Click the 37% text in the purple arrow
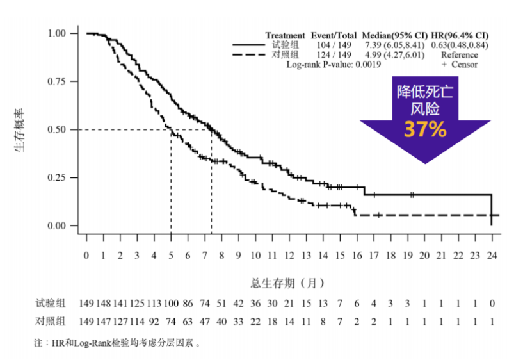click(x=424, y=129)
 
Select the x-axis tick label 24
click(x=491, y=255)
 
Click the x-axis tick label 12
click(x=289, y=255)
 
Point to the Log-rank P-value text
click(x=334, y=64)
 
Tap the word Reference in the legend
click(x=459, y=54)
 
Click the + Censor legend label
click(x=459, y=64)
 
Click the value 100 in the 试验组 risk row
click(x=171, y=303)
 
